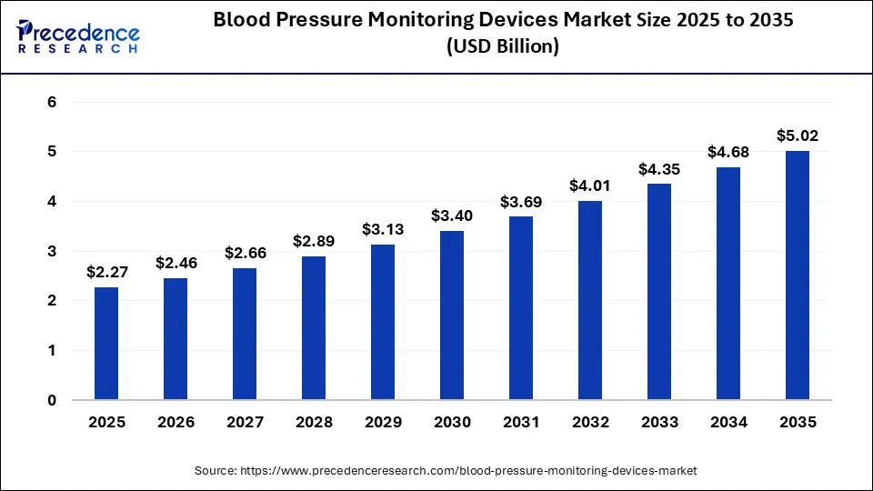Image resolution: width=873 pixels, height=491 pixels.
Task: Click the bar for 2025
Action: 106,343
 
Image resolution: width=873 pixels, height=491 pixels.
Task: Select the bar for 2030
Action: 452,315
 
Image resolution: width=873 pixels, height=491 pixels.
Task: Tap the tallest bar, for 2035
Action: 798,275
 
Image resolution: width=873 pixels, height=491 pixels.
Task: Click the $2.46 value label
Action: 176,263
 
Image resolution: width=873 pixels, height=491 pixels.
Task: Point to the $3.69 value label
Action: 521,202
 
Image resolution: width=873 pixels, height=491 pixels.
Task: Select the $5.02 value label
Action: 798,135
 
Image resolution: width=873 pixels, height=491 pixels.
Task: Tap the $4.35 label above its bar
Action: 659,169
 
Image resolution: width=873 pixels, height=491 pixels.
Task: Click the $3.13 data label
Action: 383,229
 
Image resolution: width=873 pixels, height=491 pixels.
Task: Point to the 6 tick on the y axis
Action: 52,102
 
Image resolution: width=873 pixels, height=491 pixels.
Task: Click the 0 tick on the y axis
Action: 52,400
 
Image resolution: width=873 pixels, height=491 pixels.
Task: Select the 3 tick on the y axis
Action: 52,251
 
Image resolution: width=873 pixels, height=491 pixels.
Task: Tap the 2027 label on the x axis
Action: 245,422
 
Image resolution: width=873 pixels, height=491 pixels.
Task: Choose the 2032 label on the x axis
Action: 590,422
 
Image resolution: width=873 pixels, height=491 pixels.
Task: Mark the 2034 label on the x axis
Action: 728,422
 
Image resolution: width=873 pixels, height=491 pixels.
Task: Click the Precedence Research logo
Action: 78,36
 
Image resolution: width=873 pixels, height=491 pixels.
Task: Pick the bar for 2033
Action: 659,291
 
